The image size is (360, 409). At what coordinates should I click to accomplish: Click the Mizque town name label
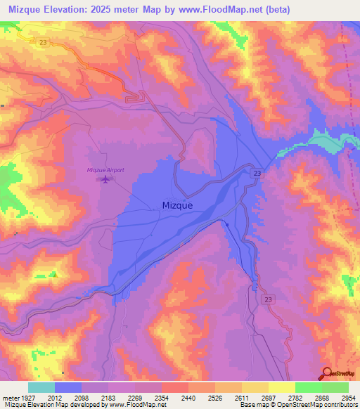(172, 206)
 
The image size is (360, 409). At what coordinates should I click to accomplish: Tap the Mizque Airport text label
(105, 169)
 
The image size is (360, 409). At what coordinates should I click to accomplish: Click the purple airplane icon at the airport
(105, 180)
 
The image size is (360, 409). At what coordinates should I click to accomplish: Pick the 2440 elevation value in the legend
(188, 398)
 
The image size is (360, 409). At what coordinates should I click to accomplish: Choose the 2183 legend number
(108, 398)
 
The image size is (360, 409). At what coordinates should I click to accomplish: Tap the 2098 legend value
(82, 398)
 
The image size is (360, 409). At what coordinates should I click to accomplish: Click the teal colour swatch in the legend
(41, 387)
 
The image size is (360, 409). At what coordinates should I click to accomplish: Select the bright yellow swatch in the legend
(281, 387)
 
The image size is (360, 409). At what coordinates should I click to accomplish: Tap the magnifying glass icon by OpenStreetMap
(326, 375)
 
